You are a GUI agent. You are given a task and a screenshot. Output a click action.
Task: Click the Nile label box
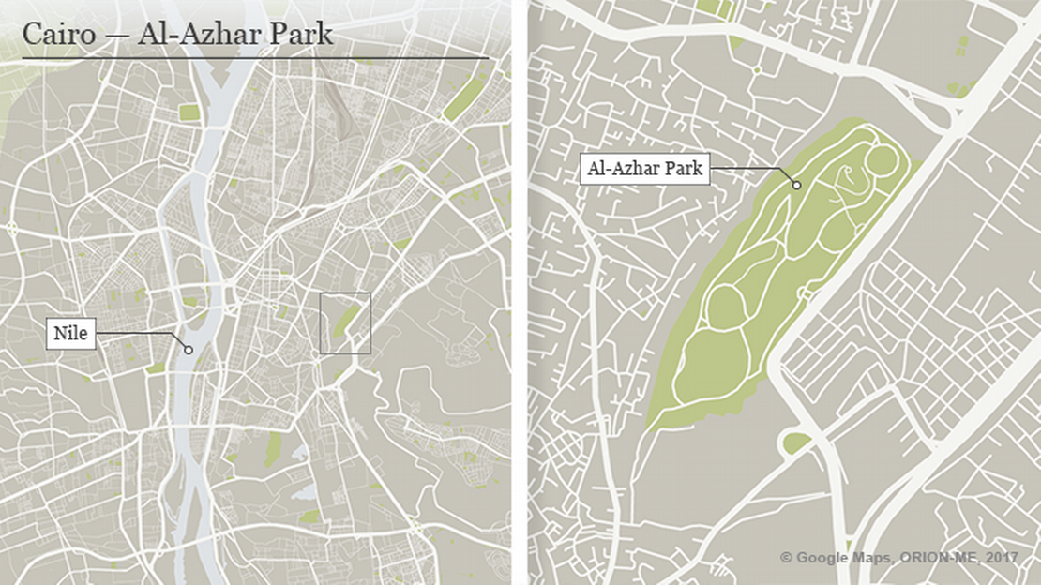coord(72,334)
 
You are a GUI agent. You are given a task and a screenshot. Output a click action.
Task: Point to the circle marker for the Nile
coord(189,350)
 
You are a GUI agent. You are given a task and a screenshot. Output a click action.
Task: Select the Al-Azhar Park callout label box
coord(643,170)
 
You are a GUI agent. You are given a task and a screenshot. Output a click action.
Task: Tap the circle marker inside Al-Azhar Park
coord(796,185)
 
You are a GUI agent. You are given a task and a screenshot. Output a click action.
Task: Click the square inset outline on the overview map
coord(345,293)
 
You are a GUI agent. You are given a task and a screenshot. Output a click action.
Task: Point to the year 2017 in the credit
coord(1002,558)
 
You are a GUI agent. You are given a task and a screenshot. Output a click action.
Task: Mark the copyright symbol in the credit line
coord(787,558)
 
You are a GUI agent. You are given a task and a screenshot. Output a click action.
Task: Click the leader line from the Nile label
coord(141,334)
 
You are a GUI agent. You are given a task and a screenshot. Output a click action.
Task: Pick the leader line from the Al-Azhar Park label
coord(750,170)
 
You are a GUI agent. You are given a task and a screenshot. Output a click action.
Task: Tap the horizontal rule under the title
coord(255,59)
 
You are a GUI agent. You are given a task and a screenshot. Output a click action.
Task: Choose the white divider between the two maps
coord(520,292)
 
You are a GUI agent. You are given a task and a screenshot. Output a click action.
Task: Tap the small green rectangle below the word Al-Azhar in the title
coord(189,112)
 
